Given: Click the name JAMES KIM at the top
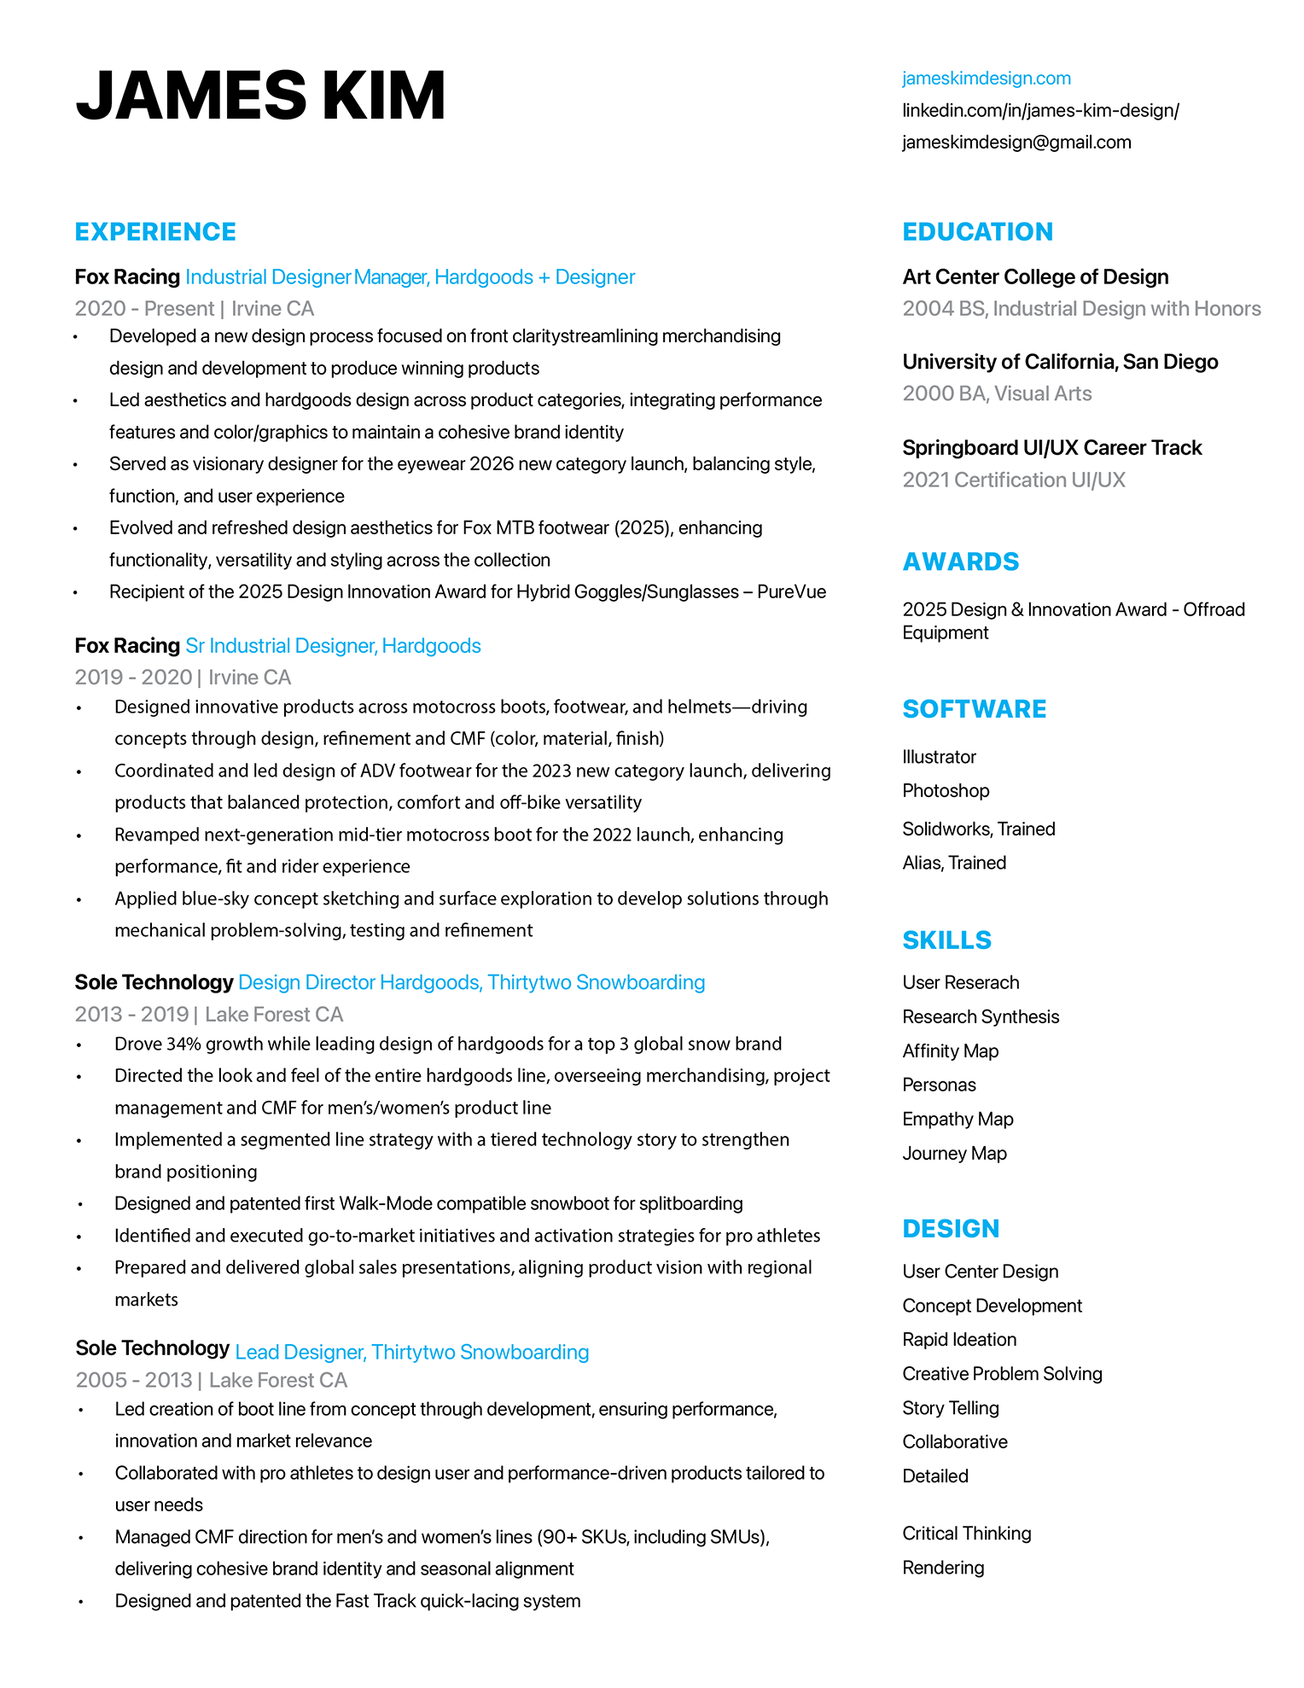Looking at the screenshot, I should [x=260, y=96].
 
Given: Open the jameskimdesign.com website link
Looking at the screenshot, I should [x=986, y=79].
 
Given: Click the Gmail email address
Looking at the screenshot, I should [x=1016, y=143].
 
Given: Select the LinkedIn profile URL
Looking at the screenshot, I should [x=1040, y=111].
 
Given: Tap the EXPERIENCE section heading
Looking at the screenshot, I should [x=155, y=232].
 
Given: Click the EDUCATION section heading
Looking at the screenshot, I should [x=977, y=232].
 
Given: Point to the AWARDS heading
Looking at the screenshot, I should [x=961, y=562].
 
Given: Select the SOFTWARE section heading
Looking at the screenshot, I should [x=974, y=709].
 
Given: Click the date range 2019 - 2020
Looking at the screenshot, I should [x=133, y=678].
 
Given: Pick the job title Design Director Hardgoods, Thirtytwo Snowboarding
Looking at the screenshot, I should [x=471, y=982].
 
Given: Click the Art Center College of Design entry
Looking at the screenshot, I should [x=1035, y=277].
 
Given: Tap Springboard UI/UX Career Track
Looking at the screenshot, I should [x=1051, y=448].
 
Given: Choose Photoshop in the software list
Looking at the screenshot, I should [x=946, y=791].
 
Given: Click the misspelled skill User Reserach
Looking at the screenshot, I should [x=960, y=983].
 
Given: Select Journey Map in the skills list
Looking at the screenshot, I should [x=954, y=1154].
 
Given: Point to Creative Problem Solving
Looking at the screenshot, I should [x=1002, y=1374].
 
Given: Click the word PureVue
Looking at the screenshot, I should [x=791, y=592].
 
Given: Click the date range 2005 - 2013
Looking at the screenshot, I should [x=134, y=1381].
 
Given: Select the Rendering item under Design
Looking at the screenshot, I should [x=943, y=1568].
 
